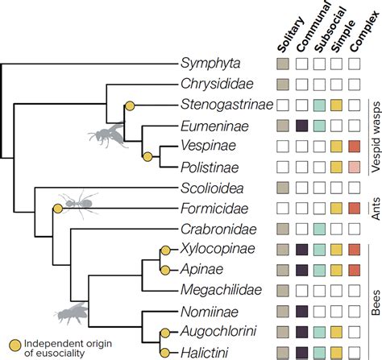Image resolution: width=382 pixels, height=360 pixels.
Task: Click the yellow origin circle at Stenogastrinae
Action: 129,105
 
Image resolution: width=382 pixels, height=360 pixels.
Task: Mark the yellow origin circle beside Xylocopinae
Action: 165,249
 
